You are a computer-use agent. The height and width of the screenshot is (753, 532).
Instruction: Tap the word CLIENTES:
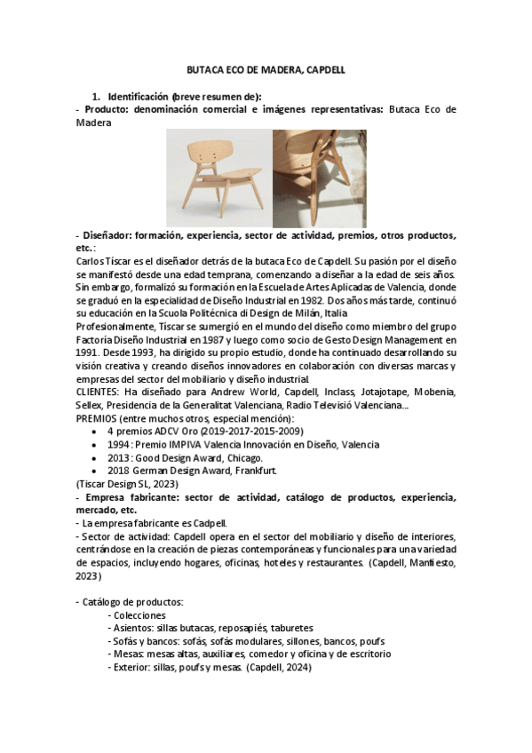[x=98, y=392]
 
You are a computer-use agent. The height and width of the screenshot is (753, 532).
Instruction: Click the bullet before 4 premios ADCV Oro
[x=96, y=431]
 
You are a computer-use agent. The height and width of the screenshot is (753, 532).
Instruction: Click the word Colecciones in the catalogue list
[x=140, y=614]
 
